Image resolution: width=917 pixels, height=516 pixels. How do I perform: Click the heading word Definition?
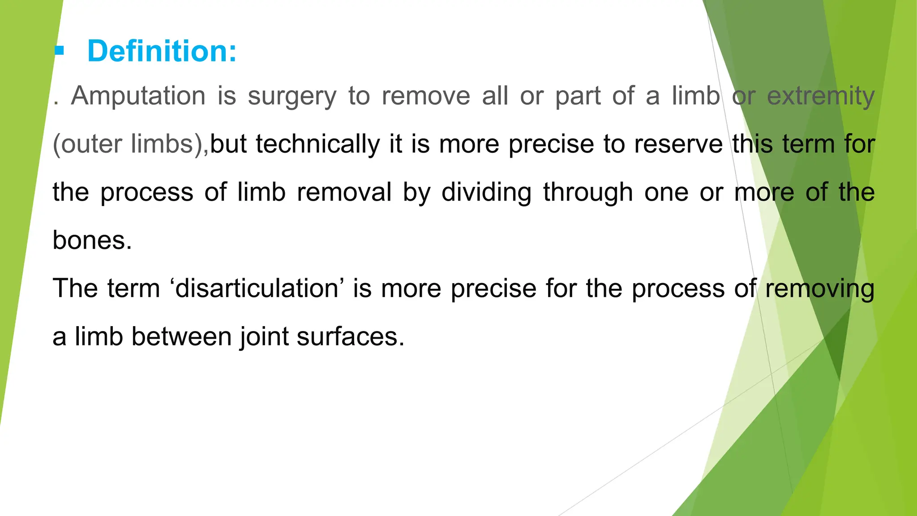(162, 51)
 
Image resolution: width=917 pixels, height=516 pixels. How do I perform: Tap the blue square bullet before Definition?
(59, 51)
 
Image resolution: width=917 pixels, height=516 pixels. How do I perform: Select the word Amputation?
(138, 96)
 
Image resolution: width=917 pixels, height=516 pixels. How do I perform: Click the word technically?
(317, 144)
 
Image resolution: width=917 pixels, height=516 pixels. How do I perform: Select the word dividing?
(486, 192)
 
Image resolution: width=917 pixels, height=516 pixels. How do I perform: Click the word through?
(588, 192)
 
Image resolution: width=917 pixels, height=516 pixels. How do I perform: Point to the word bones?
(92, 241)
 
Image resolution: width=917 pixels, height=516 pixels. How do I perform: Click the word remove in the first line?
(426, 96)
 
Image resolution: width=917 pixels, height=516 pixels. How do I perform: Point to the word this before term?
(752, 144)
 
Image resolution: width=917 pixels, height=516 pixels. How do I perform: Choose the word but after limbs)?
(228, 144)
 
